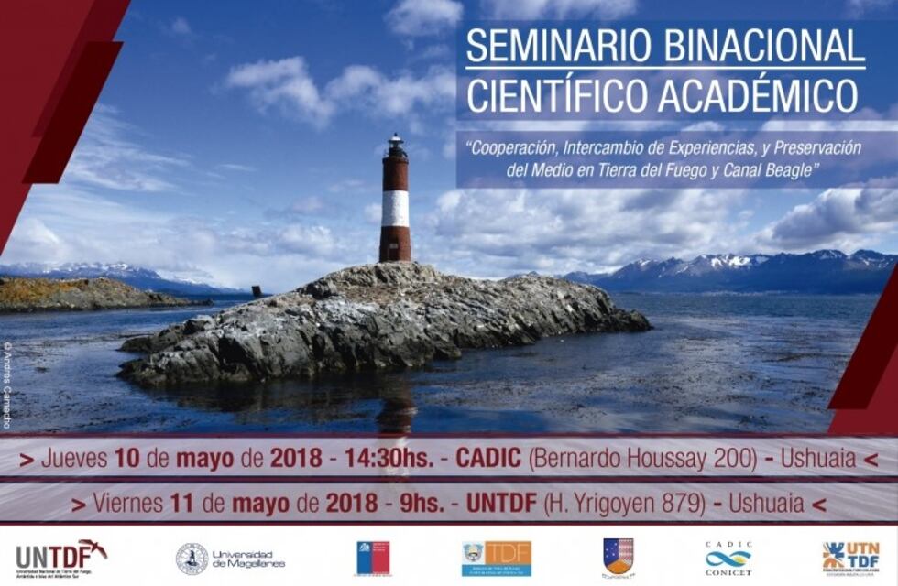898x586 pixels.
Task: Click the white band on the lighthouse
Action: (395, 208)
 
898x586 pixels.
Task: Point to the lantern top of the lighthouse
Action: (395, 144)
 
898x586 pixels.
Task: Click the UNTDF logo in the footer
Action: (60, 555)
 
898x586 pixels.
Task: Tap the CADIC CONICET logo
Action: (728, 558)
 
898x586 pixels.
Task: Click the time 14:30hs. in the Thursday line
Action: (389, 459)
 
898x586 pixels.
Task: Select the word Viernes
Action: (128, 504)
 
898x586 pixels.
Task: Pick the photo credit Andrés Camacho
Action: (7, 385)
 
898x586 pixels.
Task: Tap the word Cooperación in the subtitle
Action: (513, 147)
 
